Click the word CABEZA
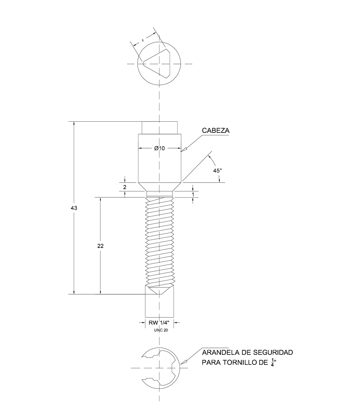[x=216, y=131]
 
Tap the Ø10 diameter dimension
[x=159, y=148]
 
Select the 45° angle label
[x=218, y=171]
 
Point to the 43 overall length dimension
[x=74, y=208]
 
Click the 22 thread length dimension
[x=100, y=246]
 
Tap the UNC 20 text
[x=161, y=330]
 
